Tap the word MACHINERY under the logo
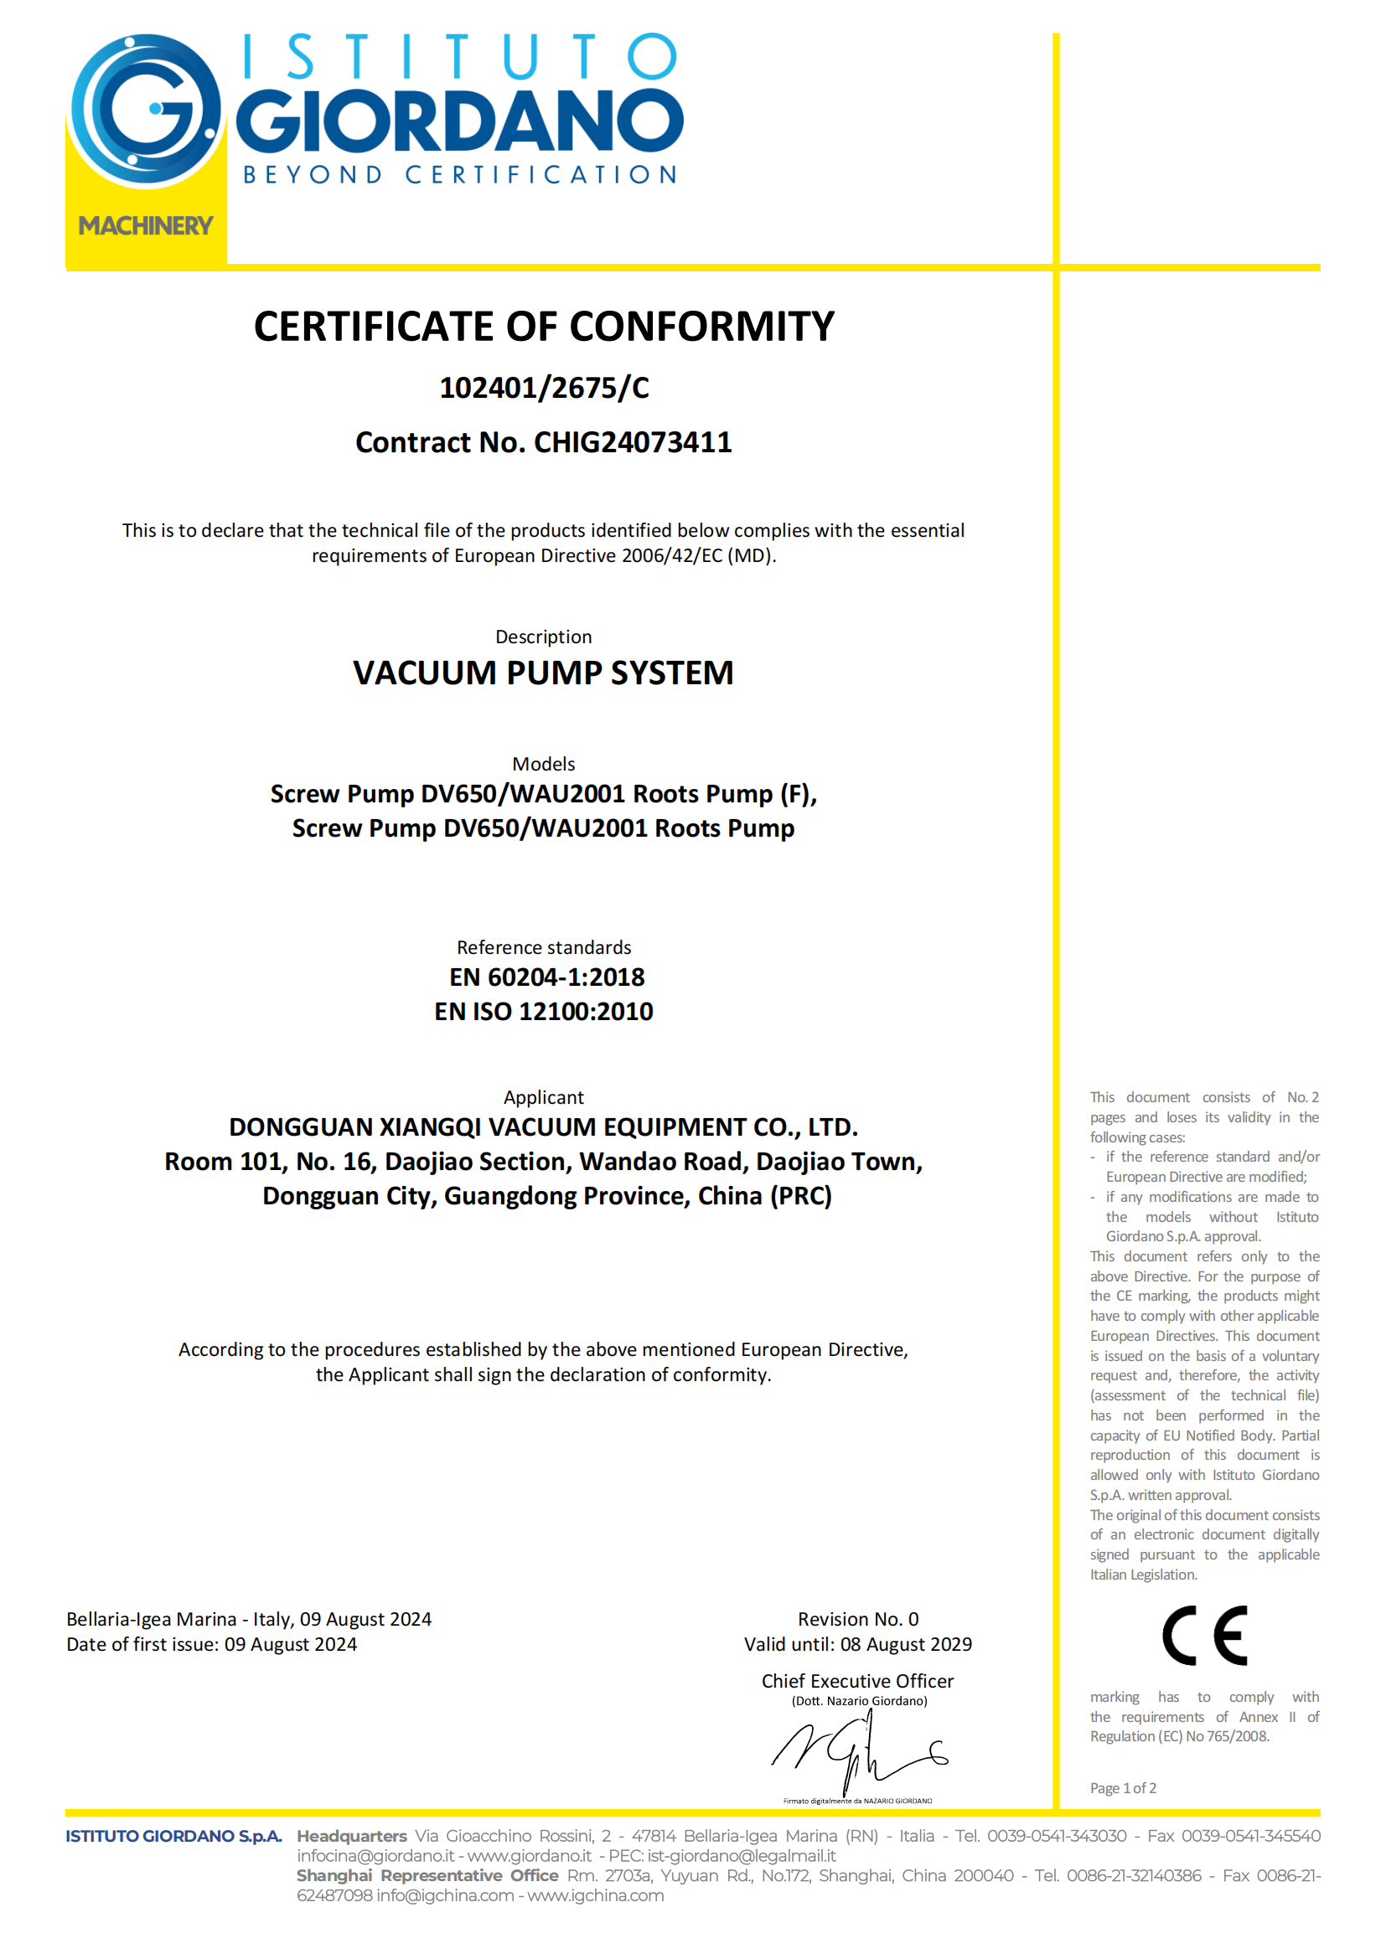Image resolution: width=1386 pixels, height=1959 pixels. click(x=146, y=226)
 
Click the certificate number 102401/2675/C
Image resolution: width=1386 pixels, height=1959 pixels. click(x=544, y=389)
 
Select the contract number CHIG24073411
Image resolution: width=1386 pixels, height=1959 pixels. click(x=633, y=443)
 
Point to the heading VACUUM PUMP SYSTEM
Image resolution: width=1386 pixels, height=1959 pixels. click(x=544, y=673)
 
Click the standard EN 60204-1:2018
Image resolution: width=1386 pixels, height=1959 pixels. click(x=546, y=977)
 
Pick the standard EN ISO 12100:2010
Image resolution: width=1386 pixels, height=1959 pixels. click(x=544, y=1012)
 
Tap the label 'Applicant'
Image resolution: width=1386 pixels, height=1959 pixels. click(x=544, y=1097)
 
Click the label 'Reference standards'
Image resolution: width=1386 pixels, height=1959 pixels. click(x=544, y=947)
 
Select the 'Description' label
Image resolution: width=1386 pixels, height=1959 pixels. click(x=544, y=637)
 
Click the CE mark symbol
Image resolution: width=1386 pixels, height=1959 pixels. click(x=1204, y=1636)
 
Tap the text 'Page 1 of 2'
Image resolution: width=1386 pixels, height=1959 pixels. click(x=1122, y=1787)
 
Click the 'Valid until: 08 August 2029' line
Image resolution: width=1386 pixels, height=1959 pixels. click(x=858, y=1644)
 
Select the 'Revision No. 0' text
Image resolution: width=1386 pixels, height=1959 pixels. click(x=858, y=1619)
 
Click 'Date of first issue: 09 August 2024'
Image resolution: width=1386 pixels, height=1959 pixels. click(x=212, y=1644)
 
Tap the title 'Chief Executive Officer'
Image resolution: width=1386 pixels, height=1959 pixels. click(x=858, y=1681)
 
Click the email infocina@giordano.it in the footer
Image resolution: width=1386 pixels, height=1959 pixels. click(x=375, y=1856)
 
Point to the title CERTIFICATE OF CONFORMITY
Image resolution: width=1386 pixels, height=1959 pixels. click(x=544, y=327)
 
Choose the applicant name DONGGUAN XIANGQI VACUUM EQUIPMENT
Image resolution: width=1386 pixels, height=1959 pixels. click(x=544, y=1127)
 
